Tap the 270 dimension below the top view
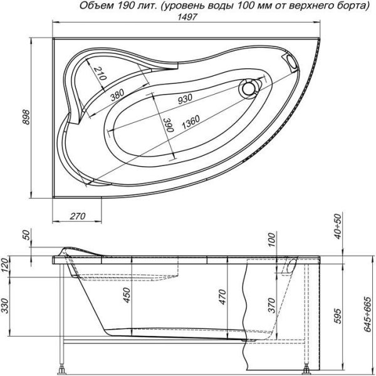76,216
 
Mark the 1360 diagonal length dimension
191,124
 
